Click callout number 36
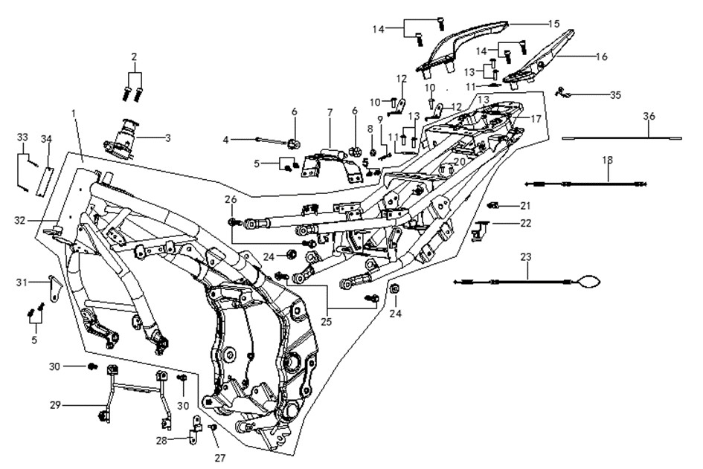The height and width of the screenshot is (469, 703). (x=649, y=117)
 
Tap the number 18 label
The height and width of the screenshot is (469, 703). (x=608, y=160)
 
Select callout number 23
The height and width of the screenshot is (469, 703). (x=526, y=257)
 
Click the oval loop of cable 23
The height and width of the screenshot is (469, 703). (x=588, y=281)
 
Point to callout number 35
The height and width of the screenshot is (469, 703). (x=615, y=95)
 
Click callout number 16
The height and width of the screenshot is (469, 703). (x=602, y=57)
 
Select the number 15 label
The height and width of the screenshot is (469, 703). (x=554, y=23)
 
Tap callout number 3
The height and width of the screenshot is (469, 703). (x=167, y=138)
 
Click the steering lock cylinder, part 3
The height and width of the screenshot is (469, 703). (x=121, y=138)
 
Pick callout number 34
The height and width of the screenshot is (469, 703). (x=47, y=139)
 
